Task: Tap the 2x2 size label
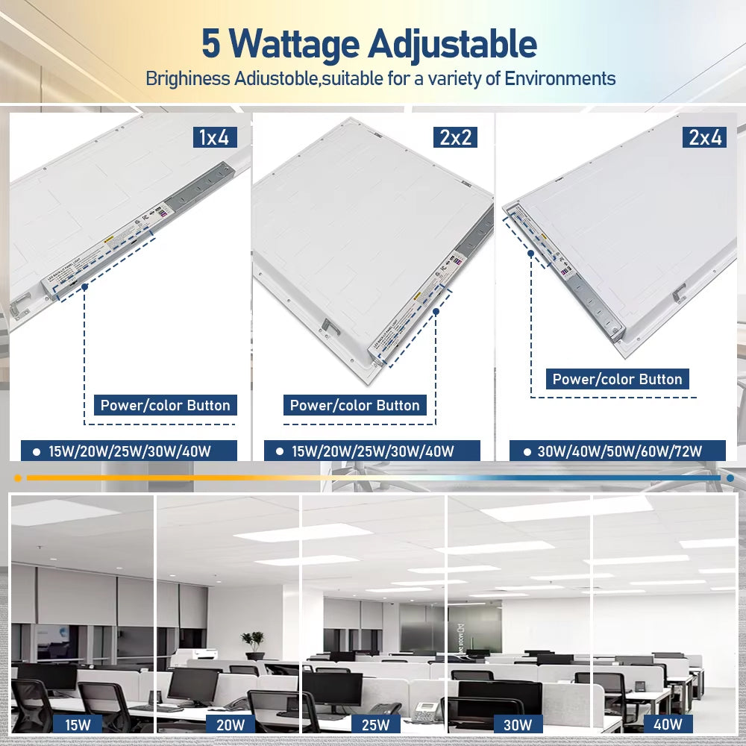[x=454, y=137]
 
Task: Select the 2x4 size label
[x=703, y=137]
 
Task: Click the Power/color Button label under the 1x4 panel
[x=165, y=406]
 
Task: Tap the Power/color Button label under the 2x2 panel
[x=354, y=406]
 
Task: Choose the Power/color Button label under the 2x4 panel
[x=617, y=379]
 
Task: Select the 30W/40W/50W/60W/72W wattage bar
[x=618, y=451]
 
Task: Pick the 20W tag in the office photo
[x=224, y=724]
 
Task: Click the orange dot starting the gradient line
[x=17, y=477]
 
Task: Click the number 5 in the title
[x=211, y=46]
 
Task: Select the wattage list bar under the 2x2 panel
[x=372, y=451]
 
